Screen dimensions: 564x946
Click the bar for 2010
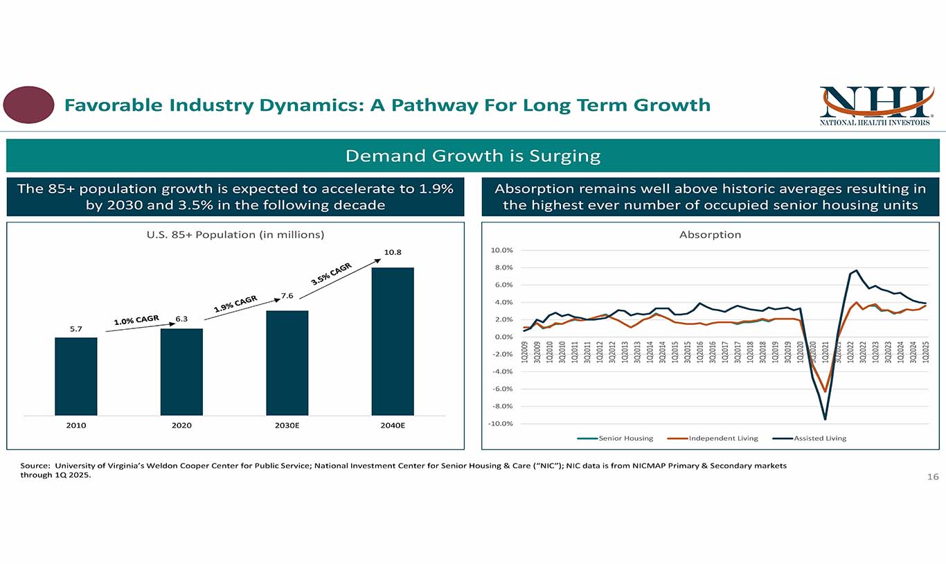76,376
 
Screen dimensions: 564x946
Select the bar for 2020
181,372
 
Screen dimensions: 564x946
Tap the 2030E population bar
287,363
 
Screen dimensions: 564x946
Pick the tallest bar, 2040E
393,342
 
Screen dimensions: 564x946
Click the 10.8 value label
393,252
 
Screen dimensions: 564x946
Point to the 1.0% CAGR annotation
136,319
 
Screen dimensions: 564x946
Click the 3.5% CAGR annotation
332,274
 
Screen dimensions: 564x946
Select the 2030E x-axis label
287,425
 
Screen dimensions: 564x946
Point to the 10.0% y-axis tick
501,250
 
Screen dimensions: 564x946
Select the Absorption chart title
710,235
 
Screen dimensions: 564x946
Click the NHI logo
875,105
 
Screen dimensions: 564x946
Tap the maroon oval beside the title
28,105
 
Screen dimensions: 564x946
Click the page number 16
933,477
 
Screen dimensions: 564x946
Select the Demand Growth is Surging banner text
472,155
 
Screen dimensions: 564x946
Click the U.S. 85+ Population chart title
235,235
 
